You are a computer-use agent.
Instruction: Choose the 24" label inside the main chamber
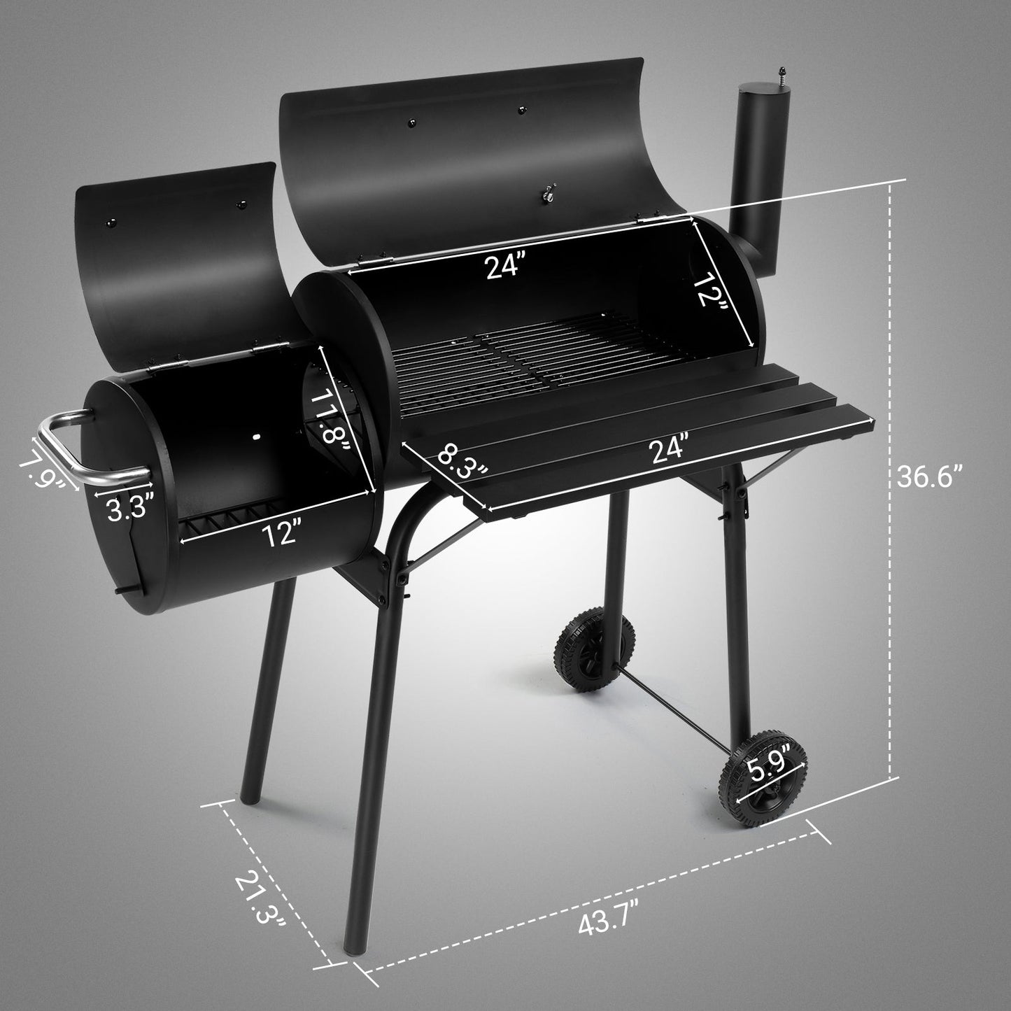point(507,266)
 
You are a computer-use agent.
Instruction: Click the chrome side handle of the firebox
point(70,448)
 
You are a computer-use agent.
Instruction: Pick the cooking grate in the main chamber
point(518,357)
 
